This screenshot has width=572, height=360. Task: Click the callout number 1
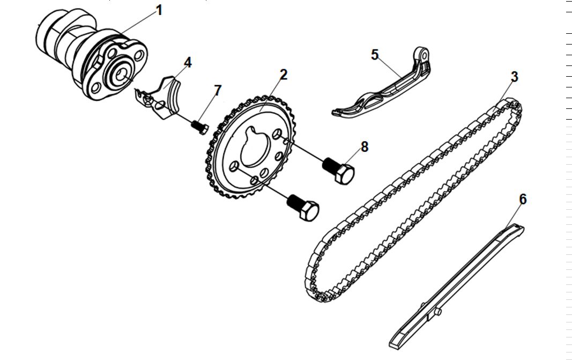coord(158,10)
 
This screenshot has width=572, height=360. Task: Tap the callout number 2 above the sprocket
coord(283,75)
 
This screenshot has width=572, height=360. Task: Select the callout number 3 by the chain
coord(514,77)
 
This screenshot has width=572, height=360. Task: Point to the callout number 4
coord(187,62)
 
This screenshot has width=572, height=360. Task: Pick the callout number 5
coord(375,54)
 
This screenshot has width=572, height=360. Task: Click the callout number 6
coord(523,200)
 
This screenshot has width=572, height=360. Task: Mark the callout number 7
coord(217,90)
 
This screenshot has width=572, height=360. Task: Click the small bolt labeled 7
coord(200,127)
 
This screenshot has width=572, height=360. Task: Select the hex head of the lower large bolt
coord(310,211)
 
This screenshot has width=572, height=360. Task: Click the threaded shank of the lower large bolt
coord(294,202)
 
